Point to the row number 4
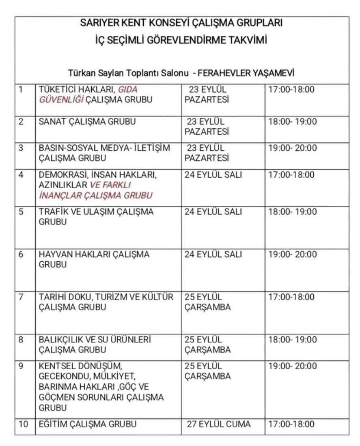point(21,175)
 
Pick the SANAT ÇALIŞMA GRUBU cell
point(87,122)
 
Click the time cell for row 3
point(293,148)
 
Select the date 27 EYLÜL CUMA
point(219,424)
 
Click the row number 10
point(24,424)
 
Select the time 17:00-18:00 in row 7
point(291,297)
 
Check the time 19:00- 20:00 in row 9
point(293,366)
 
